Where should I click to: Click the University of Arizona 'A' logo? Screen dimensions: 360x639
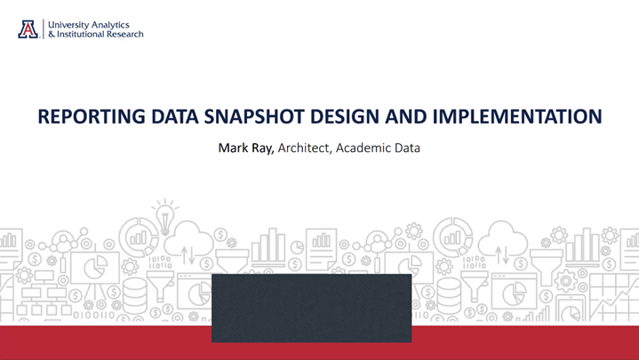28,28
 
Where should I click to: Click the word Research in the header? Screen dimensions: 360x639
125,35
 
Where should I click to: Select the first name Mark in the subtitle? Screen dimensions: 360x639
233,148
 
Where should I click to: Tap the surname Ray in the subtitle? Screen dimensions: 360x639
263,148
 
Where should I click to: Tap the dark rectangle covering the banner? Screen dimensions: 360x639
311,308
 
